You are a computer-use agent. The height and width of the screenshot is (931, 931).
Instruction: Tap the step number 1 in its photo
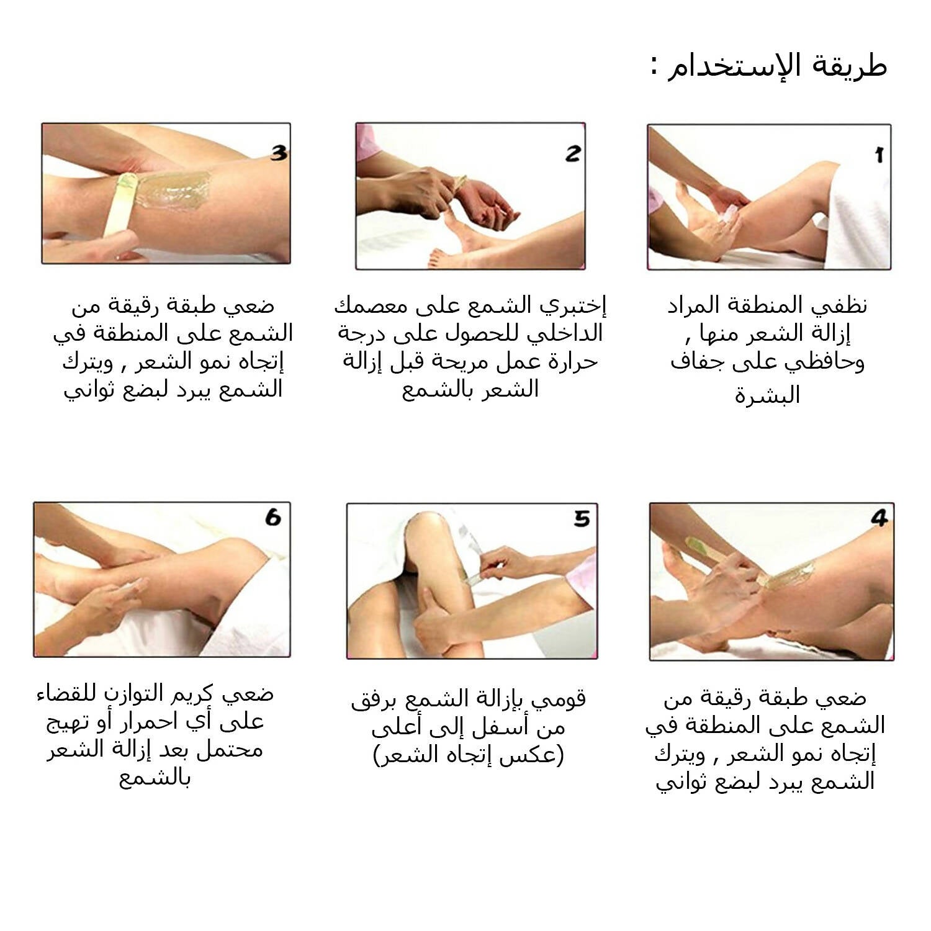pos(879,155)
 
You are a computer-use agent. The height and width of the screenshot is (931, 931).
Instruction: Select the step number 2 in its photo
pos(572,153)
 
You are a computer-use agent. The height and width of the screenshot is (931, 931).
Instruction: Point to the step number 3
pos(279,153)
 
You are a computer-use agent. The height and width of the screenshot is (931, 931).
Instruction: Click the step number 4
pos(879,518)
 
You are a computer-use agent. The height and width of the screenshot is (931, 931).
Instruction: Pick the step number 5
pos(582,518)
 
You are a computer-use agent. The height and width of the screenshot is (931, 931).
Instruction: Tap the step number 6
pos(273,517)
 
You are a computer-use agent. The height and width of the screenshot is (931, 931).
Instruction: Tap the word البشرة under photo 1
pos(768,395)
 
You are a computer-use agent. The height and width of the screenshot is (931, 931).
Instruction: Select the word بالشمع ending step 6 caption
pos(155,777)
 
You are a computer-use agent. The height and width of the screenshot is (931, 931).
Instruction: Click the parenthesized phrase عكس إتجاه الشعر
pos(469,755)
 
